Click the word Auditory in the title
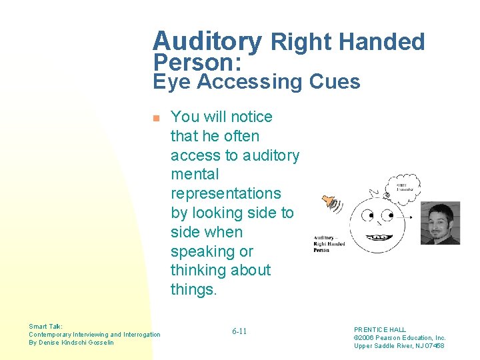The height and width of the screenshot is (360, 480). [207, 41]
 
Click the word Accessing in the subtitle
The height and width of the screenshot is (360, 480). [249, 82]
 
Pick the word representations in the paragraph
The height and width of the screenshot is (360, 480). [226, 193]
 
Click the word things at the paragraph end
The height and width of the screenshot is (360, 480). [193, 290]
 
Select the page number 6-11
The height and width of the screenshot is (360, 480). [239, 331]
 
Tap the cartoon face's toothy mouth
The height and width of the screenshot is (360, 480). [381, 237]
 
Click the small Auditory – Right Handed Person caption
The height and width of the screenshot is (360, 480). [329, 243]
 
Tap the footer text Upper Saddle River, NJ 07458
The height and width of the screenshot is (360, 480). [399, 345]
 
